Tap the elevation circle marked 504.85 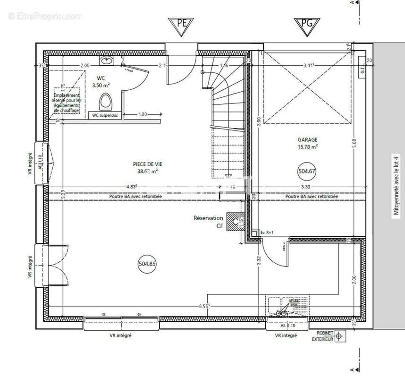tap(147, 264)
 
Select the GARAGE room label tap(307, 140)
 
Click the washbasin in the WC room tap(107, 60)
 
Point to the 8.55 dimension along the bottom tap(204, 306)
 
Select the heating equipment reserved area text tap(67, 100)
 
